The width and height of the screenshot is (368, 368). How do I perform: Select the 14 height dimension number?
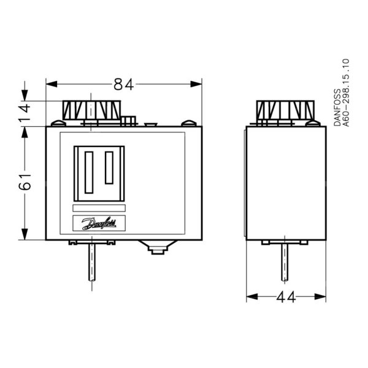24,113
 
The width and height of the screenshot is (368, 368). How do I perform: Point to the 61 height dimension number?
24,182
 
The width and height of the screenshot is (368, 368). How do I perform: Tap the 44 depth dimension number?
286,298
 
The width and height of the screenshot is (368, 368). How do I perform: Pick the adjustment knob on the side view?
285,110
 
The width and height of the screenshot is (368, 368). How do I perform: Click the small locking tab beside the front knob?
129,119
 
